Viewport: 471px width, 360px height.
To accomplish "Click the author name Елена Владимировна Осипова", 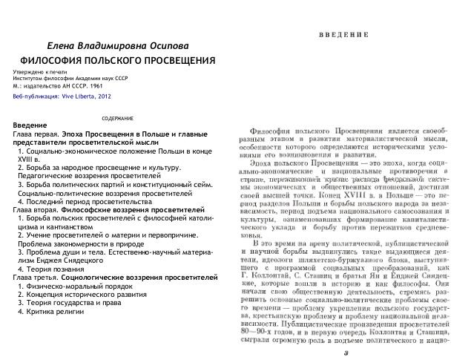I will [114, 45].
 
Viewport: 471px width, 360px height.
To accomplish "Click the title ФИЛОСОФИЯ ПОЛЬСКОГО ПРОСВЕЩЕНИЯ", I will [117, 59].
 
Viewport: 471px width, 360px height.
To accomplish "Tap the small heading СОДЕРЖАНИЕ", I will [117, 119].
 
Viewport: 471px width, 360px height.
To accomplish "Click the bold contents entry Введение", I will [30, 125].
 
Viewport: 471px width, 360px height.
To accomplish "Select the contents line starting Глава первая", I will [111, 132].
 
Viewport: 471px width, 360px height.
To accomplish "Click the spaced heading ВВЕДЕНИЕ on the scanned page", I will [345, 35].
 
